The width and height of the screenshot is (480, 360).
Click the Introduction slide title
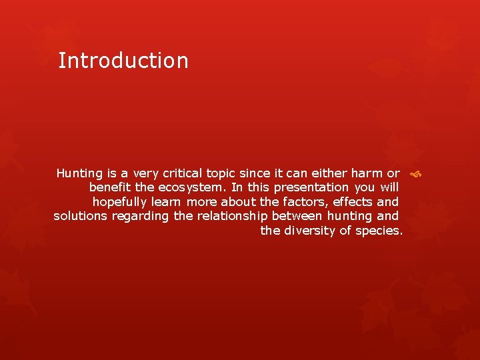(123, 61)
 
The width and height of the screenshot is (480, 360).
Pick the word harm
(362, 173)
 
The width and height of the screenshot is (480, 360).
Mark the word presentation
(311, 188)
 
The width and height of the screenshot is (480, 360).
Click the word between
(297, 216)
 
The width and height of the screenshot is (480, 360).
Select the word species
(379, 231)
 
